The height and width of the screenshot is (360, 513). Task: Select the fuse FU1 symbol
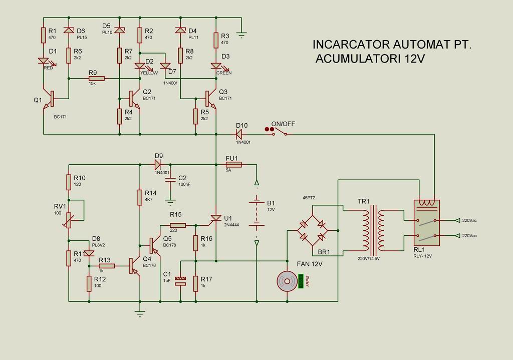click(234, 164)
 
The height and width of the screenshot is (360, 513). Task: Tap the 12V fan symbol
click(288, 281)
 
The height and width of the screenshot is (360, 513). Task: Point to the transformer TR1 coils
click(374, 229)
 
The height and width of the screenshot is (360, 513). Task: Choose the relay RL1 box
click(426, 226)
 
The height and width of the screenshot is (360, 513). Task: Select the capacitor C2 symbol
click(170, 179)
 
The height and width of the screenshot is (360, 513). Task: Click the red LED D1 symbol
click(44, 61)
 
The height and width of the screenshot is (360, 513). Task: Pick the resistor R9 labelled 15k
click(96, 78)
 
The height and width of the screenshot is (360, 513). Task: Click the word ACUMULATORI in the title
click(357, 59)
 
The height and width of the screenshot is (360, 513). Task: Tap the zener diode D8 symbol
click(89, 253)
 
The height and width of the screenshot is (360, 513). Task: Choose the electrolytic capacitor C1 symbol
click(181, 281)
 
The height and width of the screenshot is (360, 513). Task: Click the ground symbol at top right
click(241, 35)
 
